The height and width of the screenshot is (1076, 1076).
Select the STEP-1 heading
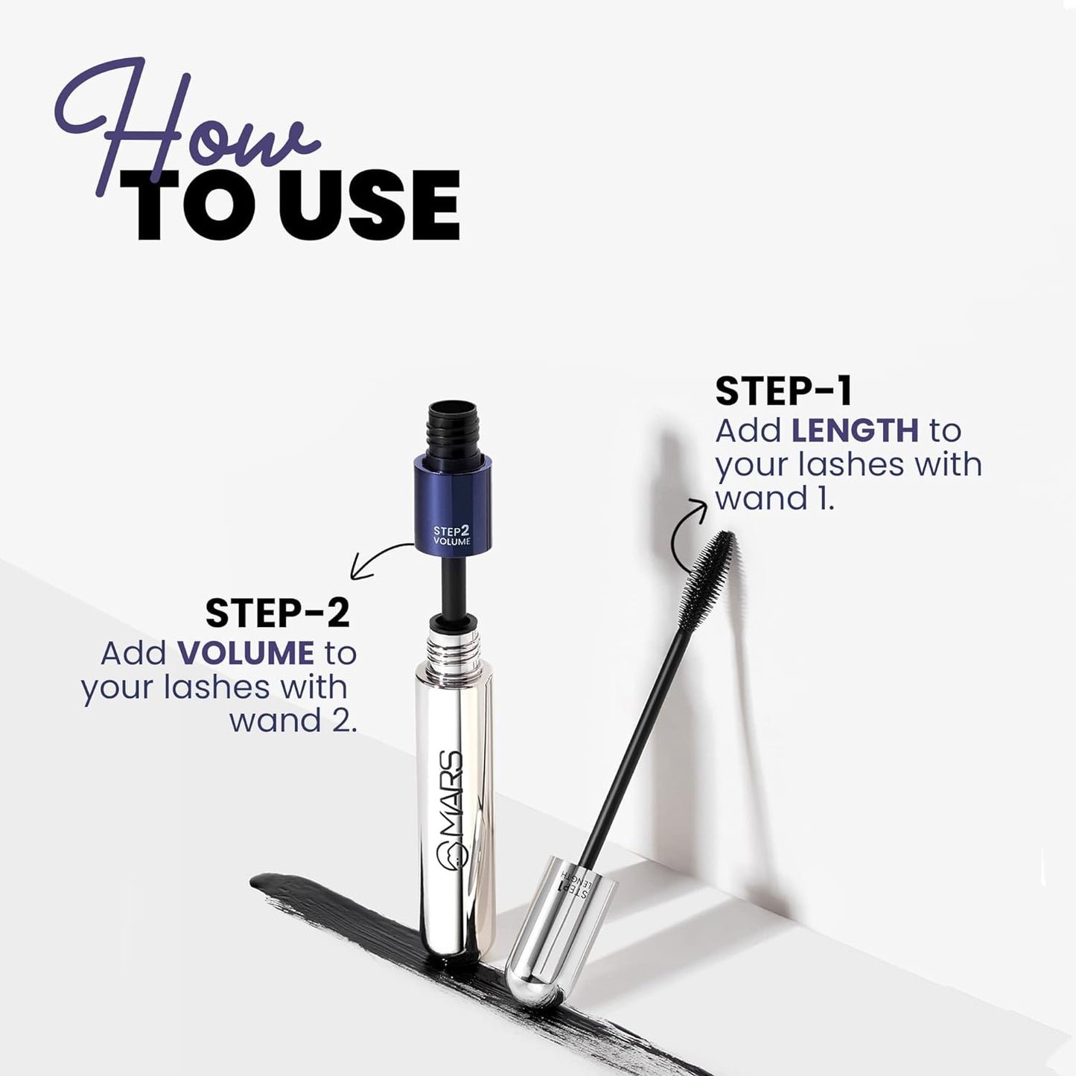click(x=783, y=392)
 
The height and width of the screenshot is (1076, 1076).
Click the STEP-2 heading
click(x=277, y=614)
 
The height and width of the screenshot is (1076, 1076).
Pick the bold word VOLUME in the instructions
click(x=245, y=654)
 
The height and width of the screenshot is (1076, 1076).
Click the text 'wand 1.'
click(x=774, y=497)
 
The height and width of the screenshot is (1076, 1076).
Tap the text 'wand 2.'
click(x=293, y=720)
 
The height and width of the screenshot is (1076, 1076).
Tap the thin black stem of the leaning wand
click(x=633, y=745)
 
